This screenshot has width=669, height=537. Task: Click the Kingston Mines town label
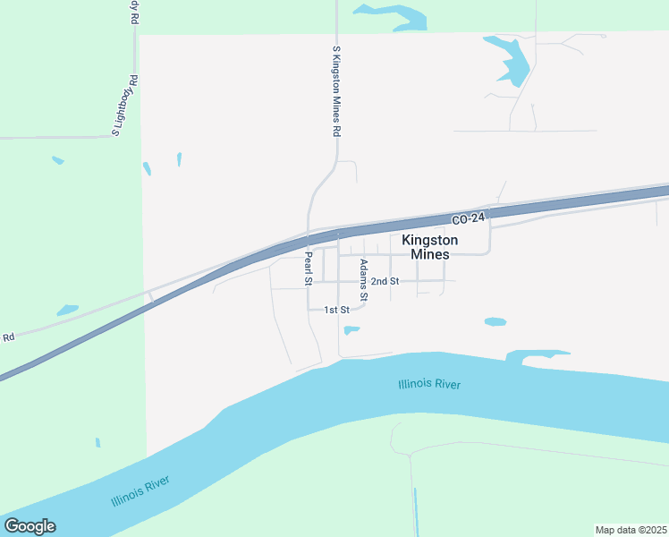(x=429, y=247)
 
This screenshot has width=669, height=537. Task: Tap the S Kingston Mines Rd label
(x=336, y=91)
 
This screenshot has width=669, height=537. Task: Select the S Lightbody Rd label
(x=124, y=105)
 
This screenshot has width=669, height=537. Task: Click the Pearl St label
(x=307, y=268)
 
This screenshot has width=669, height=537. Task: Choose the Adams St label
(x=363, y=279)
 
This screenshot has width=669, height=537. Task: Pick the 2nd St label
(x=385, y=281)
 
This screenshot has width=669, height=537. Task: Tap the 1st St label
(x=335, y=310)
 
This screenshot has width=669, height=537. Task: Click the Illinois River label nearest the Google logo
(x=140, y=490)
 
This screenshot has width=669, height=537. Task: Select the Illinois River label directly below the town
(x=429, y=385)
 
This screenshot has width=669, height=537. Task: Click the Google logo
(x=30, y=526)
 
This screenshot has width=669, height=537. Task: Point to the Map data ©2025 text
(x=631, y=530)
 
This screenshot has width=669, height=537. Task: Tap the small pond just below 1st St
(x=351, y=330)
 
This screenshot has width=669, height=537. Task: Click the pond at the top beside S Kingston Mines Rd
(x=394, y=14)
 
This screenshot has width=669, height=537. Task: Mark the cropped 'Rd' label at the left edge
(x=9, y=337)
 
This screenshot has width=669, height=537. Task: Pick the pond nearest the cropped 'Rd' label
(x=67, y=311)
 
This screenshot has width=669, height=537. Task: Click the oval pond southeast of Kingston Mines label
(x=495, y=321)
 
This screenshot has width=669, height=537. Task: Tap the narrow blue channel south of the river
(x=416, y=510)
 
